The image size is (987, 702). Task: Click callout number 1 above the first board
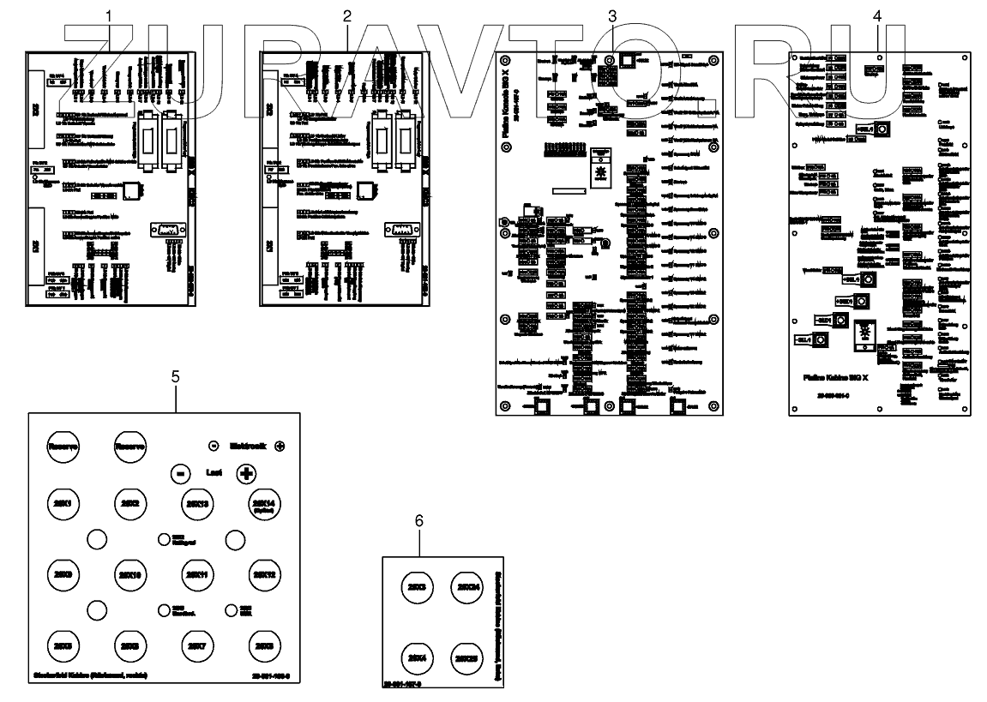point(108,16)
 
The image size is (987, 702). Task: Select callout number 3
point(611,16)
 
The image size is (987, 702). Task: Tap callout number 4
point(876,16)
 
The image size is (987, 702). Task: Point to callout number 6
point(419,521)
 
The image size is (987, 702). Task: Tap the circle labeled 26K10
point(129,573)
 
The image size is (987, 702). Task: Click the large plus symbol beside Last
point(245,473)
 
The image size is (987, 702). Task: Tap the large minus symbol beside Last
point(179,473)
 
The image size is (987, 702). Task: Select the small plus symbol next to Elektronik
point(280,446)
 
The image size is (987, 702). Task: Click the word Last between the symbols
point(213,473)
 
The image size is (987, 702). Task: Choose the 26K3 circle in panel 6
point(418,588)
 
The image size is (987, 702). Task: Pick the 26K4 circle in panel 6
point(418,657)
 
